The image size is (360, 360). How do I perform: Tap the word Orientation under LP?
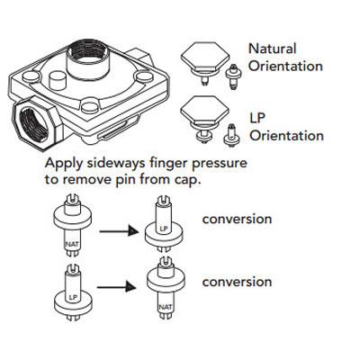[x=285, y=136]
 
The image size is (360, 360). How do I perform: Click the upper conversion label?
[x=238, y=219]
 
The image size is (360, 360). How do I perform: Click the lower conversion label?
[x=238, y=282]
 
